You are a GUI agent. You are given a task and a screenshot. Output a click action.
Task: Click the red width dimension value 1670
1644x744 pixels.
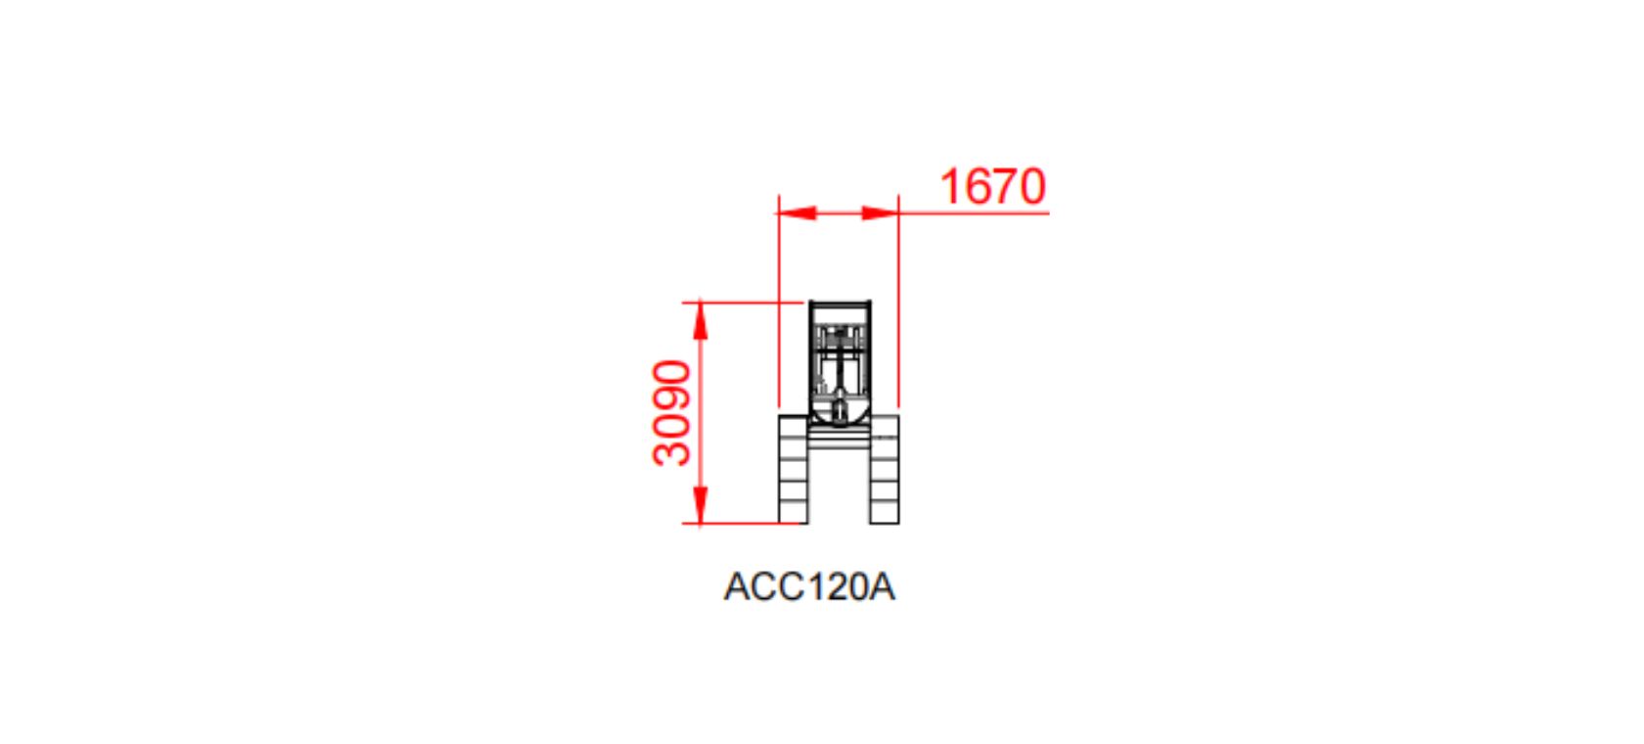coord(992,186)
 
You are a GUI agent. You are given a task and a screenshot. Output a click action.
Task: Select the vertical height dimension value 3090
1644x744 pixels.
coord(672,413)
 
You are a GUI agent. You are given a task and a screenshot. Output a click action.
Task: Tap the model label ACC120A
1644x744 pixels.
coord(809,587)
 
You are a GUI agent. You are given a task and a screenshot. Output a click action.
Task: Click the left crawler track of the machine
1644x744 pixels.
coord(793,469)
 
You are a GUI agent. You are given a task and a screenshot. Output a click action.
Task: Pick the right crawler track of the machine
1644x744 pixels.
coord(885,469)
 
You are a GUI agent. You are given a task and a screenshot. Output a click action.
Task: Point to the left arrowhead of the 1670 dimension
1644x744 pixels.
coord(796,212)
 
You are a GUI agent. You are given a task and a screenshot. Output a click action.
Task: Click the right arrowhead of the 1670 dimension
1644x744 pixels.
coord(881,212)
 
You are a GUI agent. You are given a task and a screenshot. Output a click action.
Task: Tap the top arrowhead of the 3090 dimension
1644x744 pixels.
coord(700,319)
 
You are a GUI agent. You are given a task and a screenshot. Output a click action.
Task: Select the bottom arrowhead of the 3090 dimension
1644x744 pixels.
coord(700,506)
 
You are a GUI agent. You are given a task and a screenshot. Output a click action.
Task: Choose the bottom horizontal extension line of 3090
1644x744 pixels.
coord(744,524)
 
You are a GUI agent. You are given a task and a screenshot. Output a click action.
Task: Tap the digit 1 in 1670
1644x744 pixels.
coord(949,186)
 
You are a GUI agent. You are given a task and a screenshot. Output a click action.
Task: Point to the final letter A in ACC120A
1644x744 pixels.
coord(882,587)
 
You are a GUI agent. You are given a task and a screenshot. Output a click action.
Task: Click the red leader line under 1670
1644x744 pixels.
coord(979,212)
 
